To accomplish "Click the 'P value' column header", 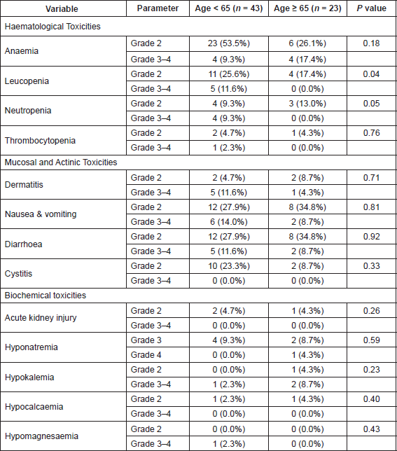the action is coord(371,8).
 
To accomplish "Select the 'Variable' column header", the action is coord(62,8).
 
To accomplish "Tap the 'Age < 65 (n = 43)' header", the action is coord(229,8).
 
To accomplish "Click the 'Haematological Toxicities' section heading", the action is coord(53,27).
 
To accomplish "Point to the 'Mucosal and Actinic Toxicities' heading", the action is coord(61,162).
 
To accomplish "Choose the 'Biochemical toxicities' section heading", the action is coord(46,296).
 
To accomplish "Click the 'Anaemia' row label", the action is coord(22,51).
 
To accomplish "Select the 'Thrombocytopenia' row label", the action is coord(40,141).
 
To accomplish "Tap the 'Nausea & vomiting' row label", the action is coord(41,214).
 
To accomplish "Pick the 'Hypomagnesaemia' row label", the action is coord(41,436).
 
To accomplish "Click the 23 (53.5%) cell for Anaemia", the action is coord(229,43).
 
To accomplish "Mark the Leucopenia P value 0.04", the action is coord(371,74).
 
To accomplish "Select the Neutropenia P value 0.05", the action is coord(371,103).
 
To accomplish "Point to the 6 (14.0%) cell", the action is coord(229,222).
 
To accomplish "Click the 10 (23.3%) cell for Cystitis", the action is coord(229,266).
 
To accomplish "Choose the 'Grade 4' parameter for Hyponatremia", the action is coord(146,355).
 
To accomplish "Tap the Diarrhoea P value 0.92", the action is coord(371,237).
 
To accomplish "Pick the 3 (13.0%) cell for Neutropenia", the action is coord(307,104).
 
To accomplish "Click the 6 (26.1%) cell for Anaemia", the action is coord(307,43).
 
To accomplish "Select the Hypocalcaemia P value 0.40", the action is coord(371,399).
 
